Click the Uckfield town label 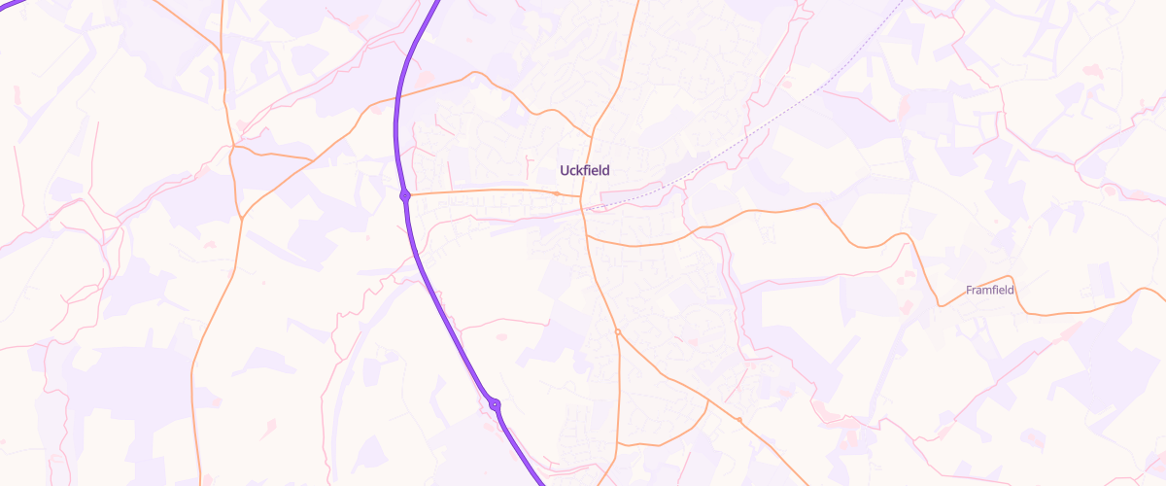tap(585, 170)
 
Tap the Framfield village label tap(990, 290)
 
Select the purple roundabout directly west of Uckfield tap(405, 195)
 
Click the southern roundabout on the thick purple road tap(495, 404)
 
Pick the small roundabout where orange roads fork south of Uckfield tap(618, 332)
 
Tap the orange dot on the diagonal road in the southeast tap(739, 420)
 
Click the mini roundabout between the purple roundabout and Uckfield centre tap(556, 193)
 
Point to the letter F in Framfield tap(969, 290)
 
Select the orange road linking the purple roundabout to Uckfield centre tap(486, 191)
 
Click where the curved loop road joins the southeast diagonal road tap(705, 399)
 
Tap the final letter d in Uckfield tap(606, 170)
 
